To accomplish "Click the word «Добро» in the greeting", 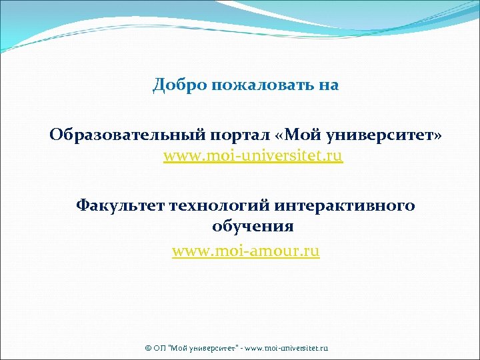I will click(x=173, y=85).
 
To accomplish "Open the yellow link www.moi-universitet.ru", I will click(x=253, y=157).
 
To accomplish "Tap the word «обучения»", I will click(x=253, y=227).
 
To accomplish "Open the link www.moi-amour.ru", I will click(x=246, y=251).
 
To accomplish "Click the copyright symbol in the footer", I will click(x=148, y=349).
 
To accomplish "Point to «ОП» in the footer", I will click(x=159, y=349).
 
